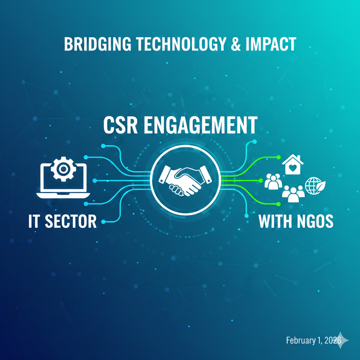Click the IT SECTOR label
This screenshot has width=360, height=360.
(63, 221)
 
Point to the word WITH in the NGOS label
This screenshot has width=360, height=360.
(275, 221)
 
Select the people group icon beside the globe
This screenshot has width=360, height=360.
(294, 194)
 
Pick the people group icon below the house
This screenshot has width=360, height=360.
(273, 181)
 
